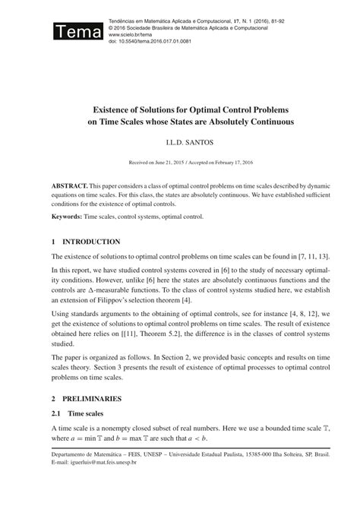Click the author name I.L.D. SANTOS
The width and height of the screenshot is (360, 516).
click(180, 142)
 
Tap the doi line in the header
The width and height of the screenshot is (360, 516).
click(150, 41)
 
